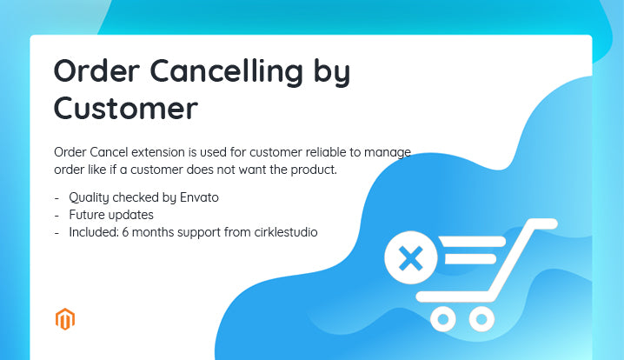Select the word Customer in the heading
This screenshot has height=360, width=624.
coord(125,110)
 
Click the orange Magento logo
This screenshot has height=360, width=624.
coord(65,319)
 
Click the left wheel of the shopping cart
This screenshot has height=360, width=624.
coord(444,320)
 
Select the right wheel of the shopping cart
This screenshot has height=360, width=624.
coord(481,320)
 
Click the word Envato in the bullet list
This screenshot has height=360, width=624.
coord(197,197)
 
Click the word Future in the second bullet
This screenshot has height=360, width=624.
coord(87,215)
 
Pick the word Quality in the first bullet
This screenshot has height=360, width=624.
coord(90,197)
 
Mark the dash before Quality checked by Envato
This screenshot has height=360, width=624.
coord(56,197)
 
